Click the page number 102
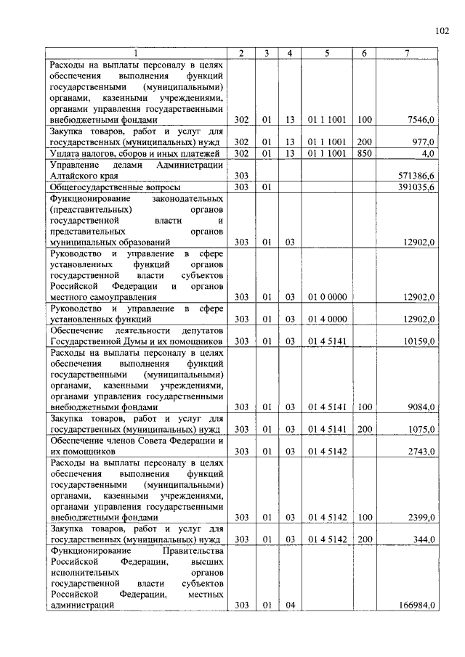(442, 30)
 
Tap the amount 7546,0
(421, 120)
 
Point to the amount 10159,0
(419, 341)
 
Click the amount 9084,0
(421, 407)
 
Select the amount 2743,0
(421, 452)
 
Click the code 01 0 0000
(326, 297)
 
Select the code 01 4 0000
(326, 319)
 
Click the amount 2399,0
(421, 518)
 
